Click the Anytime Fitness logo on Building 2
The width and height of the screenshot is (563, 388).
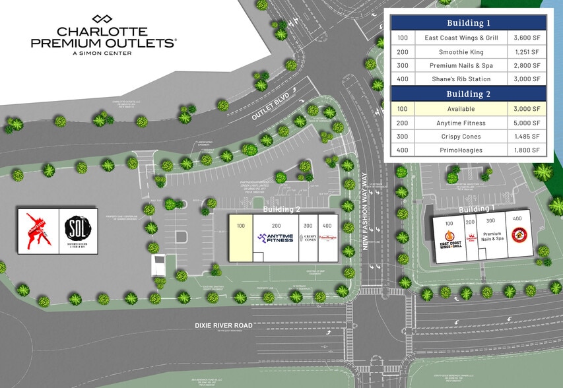(275, 238)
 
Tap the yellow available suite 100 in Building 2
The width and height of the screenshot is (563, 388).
(240, 238)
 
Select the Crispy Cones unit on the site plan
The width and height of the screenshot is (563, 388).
(308, 238)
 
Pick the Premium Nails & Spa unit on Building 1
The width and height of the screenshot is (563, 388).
(492, 236)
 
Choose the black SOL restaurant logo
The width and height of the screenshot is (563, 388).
(79, 231)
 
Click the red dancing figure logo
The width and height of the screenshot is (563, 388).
(38, 231)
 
